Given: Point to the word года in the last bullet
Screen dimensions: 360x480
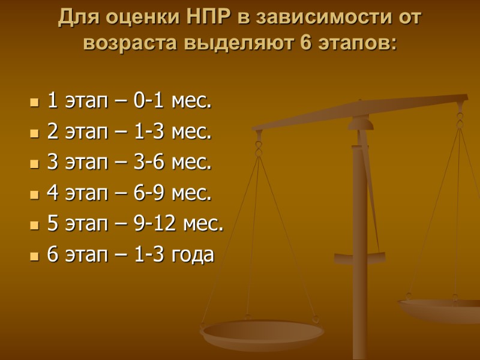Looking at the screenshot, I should [192, 255].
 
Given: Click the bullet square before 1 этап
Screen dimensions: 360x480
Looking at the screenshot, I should [34, 103].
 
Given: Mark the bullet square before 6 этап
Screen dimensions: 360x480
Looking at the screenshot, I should [34, 256].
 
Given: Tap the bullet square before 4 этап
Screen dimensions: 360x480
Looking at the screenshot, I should [34, 194].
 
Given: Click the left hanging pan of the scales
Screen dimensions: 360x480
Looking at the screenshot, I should [262, 333].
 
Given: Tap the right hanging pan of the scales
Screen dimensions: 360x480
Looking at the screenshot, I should [441, 309].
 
